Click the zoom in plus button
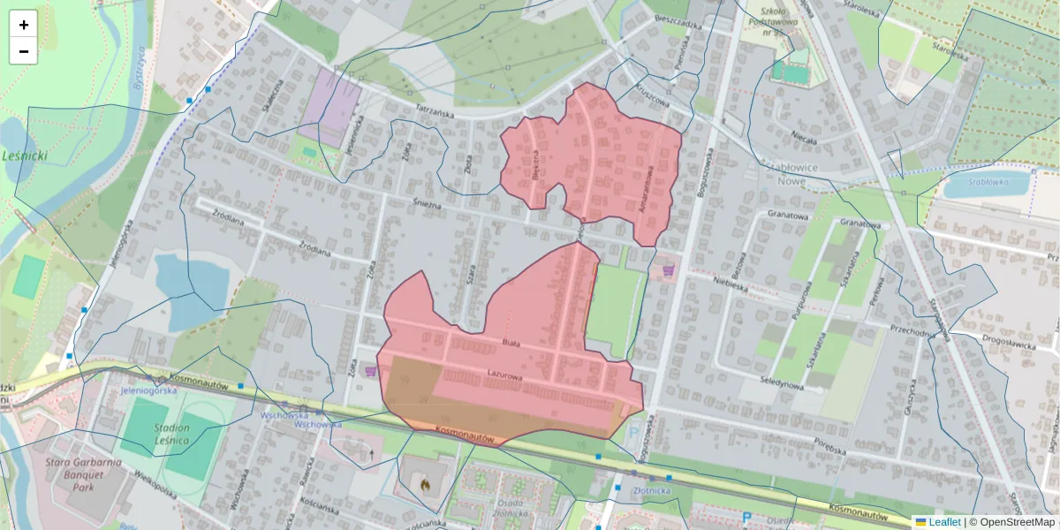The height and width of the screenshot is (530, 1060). click(23, 24)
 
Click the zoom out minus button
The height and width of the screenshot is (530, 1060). click(23, 51)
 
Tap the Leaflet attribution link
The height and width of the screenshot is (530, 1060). click(938, 522)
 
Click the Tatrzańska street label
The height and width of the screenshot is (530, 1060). click(435, 114)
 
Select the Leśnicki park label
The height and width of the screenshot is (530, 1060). click(25, 156)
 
